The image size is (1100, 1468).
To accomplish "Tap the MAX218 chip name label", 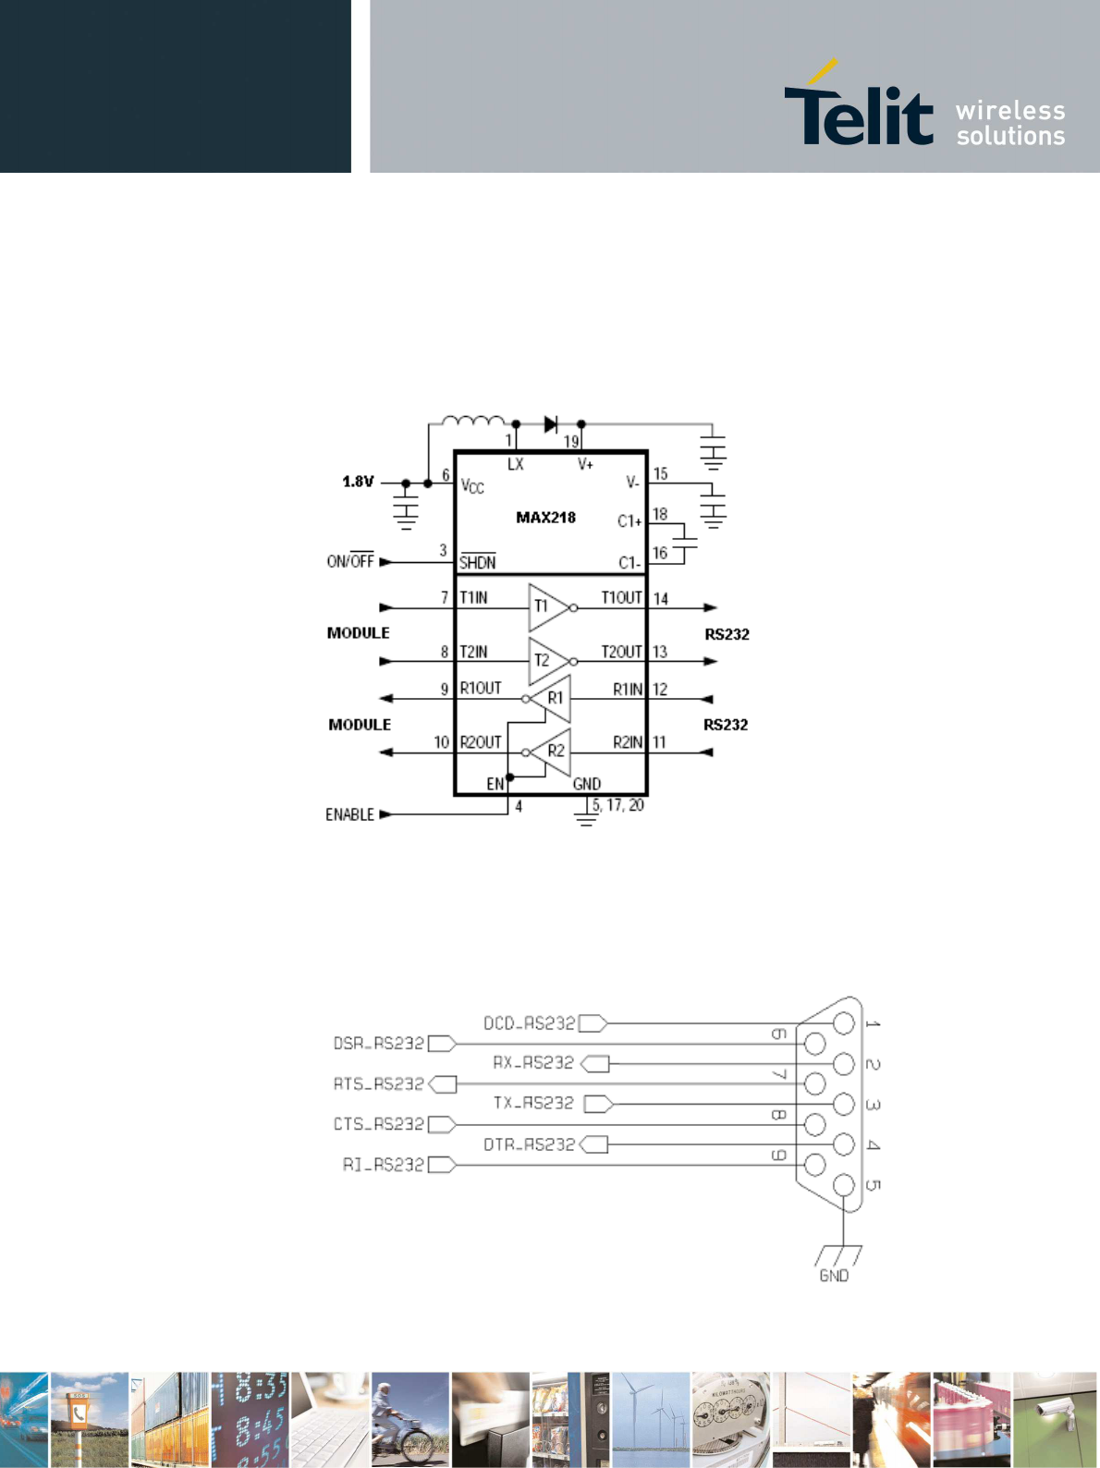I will click(545, 518).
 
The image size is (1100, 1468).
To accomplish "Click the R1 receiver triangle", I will click(552, 698).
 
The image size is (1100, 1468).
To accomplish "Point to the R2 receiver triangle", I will click(552, 751).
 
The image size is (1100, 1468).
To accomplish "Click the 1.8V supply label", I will click(358, 482).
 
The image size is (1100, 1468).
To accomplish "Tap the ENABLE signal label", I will click(349, 814).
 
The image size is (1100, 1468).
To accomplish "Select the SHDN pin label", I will click(477, 562).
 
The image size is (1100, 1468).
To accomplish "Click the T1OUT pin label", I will click(621, 598).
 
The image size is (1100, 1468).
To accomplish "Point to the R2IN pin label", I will click(628, 742).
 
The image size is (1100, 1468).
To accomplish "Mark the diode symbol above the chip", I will click(551, 424).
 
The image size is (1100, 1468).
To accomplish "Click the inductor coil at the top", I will click(473, 422).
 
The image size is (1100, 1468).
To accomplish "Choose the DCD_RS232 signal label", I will click(529, 1023).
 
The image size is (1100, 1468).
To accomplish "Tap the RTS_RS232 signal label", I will click(378, 1083).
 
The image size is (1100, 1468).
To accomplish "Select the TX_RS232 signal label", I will click(533, 1103).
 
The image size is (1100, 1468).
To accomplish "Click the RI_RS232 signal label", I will click(383, 1165).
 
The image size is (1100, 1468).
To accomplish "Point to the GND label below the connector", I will click(834, 1276).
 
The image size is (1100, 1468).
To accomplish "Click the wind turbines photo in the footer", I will click(651, 1420).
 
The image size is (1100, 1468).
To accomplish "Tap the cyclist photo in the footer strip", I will click(410, 1420).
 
